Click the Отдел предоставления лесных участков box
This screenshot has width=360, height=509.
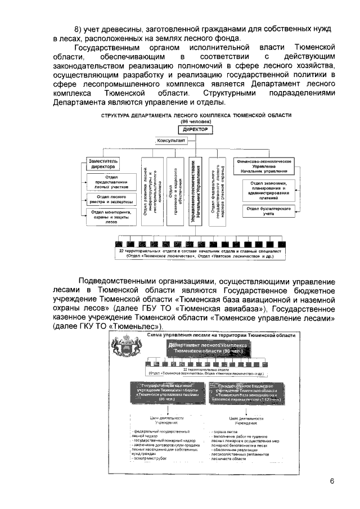coord(111,183)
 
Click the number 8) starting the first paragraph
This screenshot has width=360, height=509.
coord(79,29)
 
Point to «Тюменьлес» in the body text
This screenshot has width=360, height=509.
coord(131,326)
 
